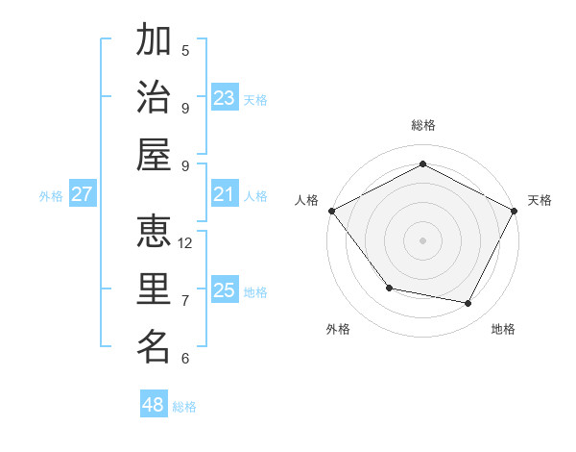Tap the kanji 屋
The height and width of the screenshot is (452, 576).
click(x=154, y=155)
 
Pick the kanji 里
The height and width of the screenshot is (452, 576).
click(x=154, y=289)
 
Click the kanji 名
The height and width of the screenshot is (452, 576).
click(x=154, y=347)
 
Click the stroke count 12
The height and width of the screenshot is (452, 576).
click(x=185, y=242)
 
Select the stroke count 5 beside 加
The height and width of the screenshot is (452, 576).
click(x=185, y=50)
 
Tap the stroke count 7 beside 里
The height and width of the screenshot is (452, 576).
click(x=185, y=300)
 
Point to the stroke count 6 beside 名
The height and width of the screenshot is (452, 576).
click(x=185, y=359)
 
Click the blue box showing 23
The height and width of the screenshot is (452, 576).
click(x=225, y=97)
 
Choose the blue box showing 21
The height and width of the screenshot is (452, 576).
click(x=225, y=194)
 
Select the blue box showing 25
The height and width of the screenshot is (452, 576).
click(x=225, y=290)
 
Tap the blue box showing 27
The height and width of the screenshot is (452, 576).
click(x=83, y=194)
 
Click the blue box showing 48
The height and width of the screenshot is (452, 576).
click(x=154, y=405)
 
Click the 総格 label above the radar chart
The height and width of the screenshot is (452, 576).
click(x=422, y=125)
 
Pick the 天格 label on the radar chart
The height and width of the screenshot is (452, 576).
click(x=540, y=200)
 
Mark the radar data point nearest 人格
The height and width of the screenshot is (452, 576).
click(x=331, y=211)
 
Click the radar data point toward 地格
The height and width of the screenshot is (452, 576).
click(x=468, y=304)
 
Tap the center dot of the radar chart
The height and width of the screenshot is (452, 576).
click(x=422, y=239)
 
